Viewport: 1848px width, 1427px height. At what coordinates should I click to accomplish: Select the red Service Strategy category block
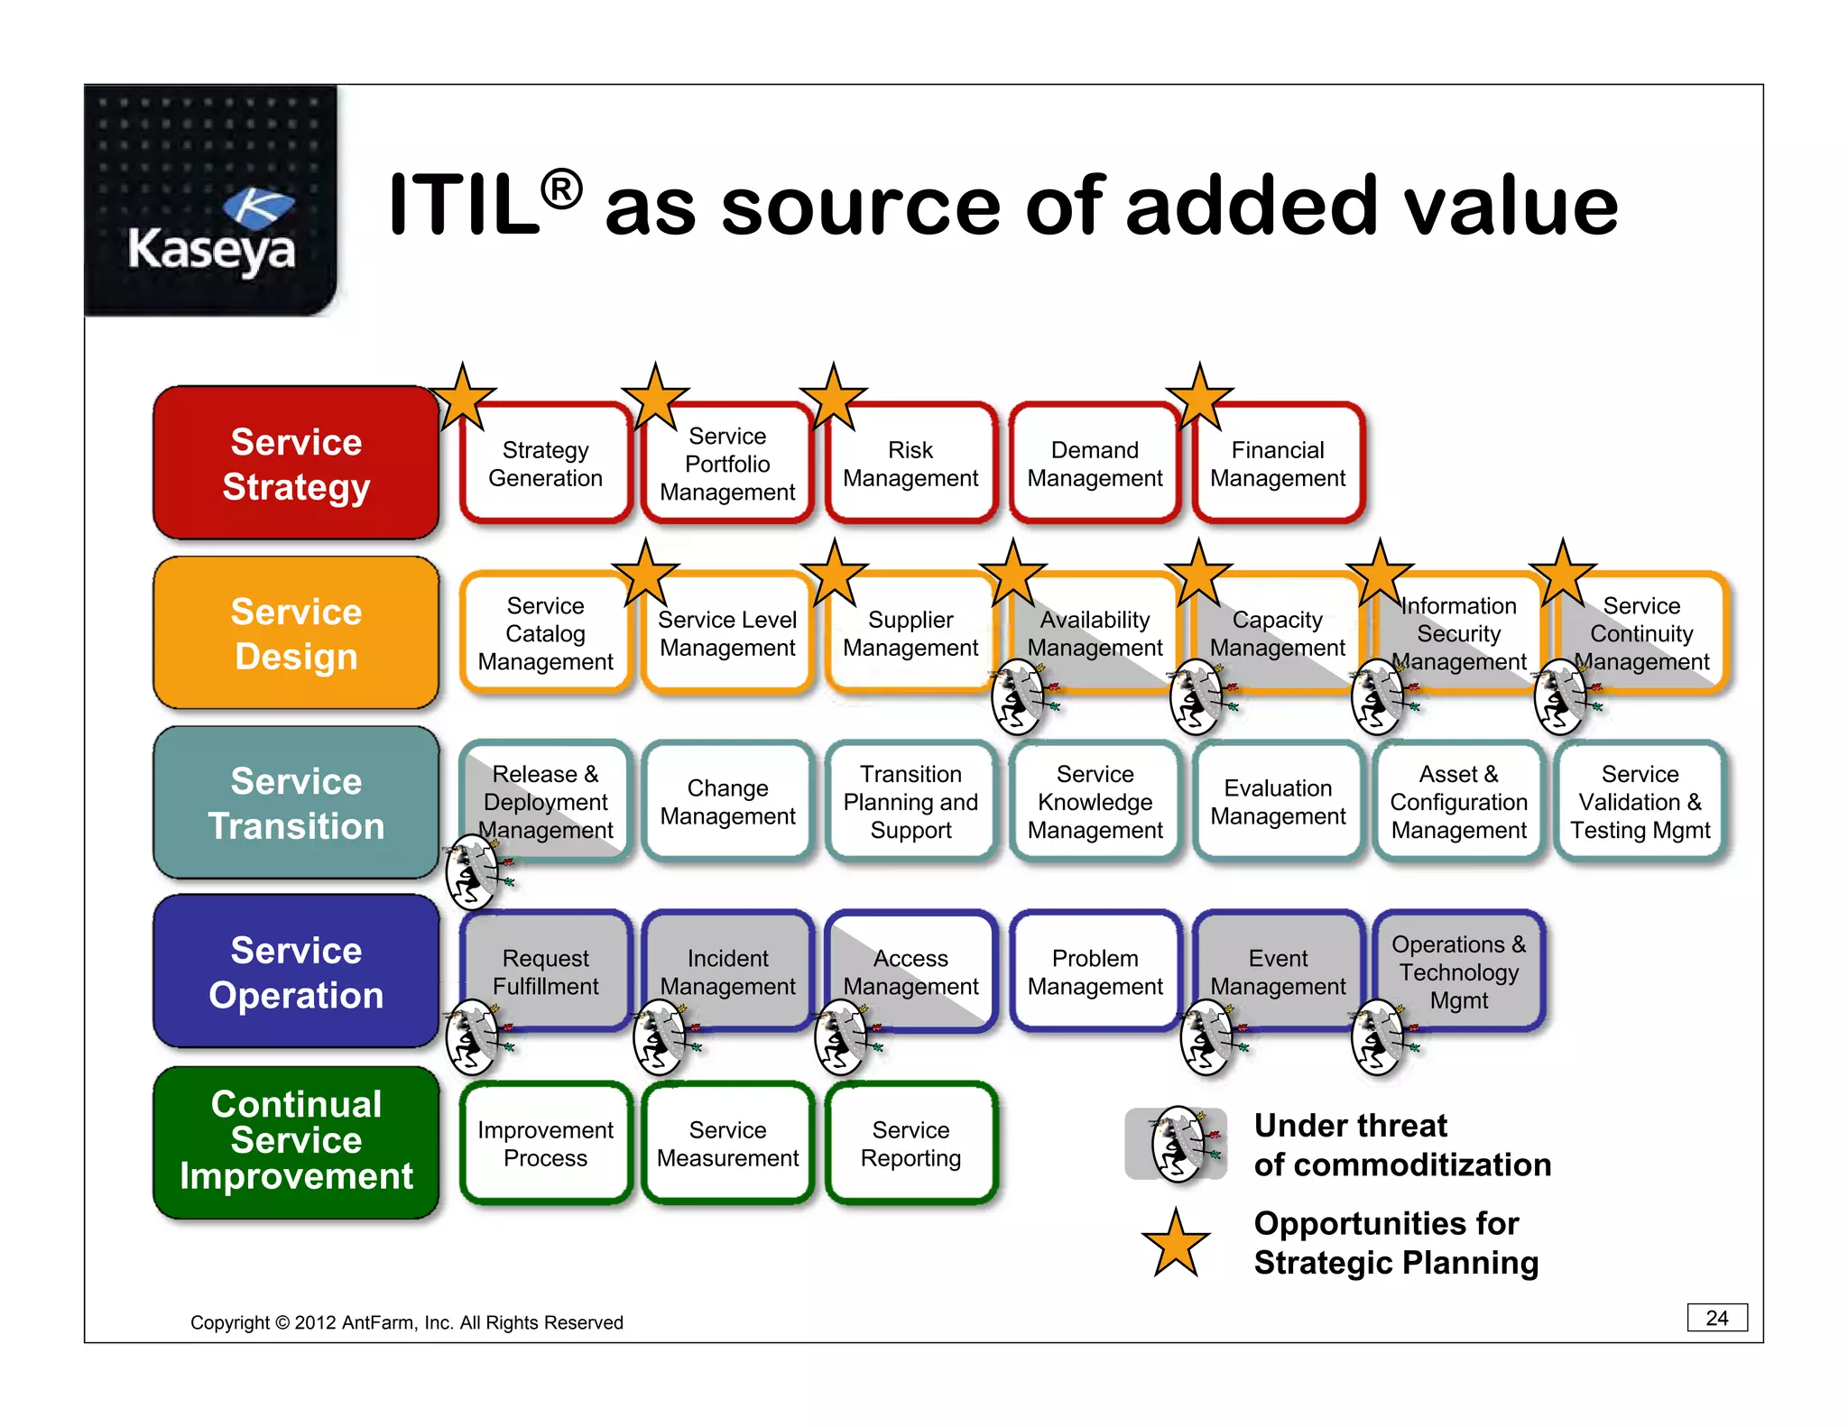tap(296, 464)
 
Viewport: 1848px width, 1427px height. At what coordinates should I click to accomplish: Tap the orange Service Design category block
tap(296, 633)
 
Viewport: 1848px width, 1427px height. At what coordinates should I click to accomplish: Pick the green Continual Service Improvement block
tap(296, 1141)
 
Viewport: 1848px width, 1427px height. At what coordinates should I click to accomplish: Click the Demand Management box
tap(1095, 464)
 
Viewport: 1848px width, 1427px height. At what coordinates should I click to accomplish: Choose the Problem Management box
tap(1095, 971)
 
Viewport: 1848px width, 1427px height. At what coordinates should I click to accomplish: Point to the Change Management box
tap(727, 802)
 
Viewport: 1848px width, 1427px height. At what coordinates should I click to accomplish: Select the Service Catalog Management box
tap(545, 633)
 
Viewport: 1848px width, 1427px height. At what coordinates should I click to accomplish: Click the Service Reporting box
tap(910, 1144)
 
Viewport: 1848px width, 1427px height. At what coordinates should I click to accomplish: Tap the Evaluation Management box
tap(1278, 802)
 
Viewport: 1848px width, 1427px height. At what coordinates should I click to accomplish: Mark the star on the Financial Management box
tap(1199, 398)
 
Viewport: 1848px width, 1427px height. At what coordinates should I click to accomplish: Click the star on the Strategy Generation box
tap(463, 398)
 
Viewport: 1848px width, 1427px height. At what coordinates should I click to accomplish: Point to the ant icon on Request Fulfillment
tap(472, 1037)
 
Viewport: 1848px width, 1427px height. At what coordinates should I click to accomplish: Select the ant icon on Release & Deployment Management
tap(472, 871)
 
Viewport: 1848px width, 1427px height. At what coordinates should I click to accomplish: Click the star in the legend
tap(1176, 1244)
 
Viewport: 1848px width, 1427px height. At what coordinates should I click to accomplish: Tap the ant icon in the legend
tap(1178, 1145)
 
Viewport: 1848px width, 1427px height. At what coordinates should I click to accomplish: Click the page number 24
tap(1716, 1318)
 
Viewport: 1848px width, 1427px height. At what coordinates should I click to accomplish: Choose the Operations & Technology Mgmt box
tap(1458, 971)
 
